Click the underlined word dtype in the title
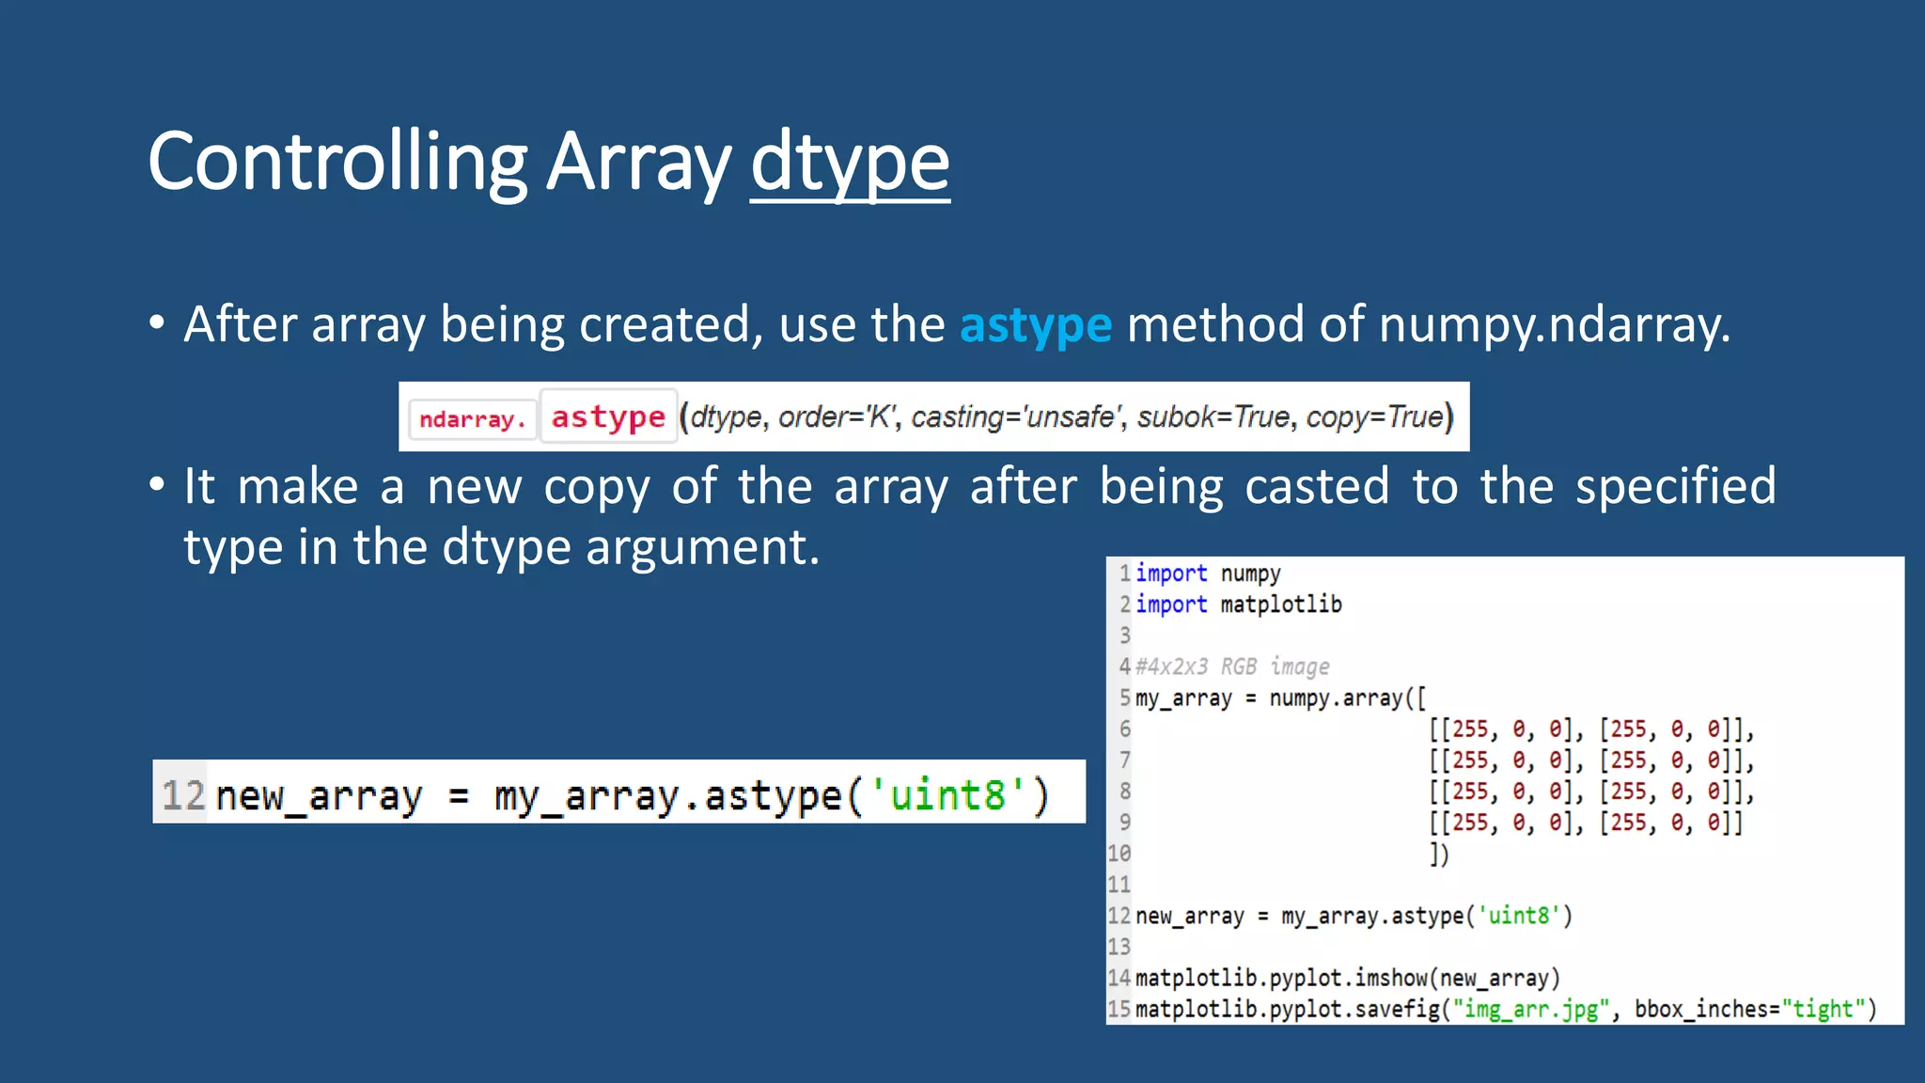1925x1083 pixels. coord(850,162)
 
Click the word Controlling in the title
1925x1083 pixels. coord(337,162)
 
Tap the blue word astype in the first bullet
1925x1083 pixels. coord(1035,325)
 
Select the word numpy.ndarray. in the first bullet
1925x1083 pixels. coord(1554,325)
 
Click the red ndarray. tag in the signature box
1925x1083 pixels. coord(472,418)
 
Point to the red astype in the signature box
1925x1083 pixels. coord(608,416)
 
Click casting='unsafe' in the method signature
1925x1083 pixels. coord(1018,416)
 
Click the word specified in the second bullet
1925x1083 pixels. coord(1675,487)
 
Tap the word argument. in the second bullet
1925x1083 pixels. coord(703,547)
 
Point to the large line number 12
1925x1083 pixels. coord(182,795)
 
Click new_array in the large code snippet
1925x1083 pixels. coord(319,795)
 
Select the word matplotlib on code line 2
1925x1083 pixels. coord(1280,604)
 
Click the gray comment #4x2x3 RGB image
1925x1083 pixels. coord(1232,667)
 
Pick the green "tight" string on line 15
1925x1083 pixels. coord(1823,1009)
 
